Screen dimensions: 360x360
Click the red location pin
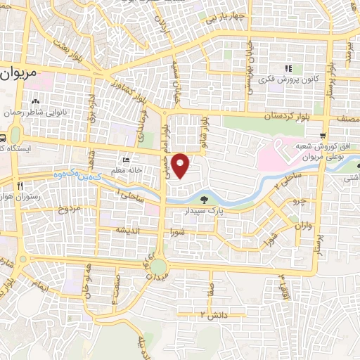[181, 165]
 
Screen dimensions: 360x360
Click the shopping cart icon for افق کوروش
[322, 134]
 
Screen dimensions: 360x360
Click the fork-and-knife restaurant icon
[21, 186]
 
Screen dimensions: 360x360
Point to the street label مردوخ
[70, 209]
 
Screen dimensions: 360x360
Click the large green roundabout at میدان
[158, 266]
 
